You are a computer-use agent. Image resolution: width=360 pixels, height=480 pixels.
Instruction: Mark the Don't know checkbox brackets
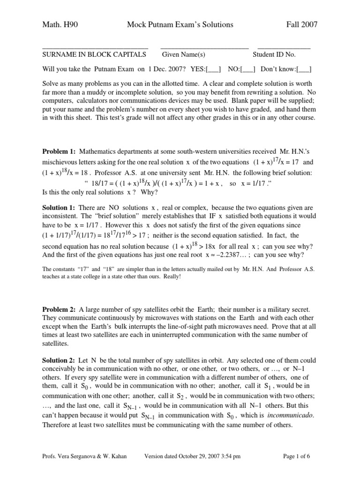304,69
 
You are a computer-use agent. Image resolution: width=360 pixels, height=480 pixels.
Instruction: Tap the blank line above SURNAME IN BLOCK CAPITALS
95,48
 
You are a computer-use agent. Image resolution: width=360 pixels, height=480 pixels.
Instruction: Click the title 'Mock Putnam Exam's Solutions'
180,24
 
